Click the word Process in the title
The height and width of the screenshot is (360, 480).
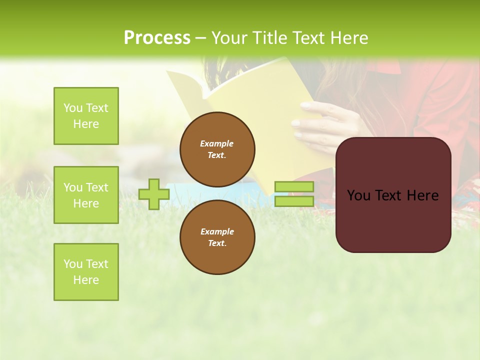(157, 38)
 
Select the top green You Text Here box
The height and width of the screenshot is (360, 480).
(86, 116)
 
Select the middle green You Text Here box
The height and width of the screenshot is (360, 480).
(86, 195)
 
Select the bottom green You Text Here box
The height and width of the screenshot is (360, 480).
(86, 272)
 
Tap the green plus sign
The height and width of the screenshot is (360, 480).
(154, 194)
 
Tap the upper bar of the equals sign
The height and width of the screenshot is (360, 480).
(294, 186)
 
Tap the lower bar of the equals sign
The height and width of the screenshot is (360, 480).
(294, 201)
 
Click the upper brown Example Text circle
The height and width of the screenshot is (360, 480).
(217, 149)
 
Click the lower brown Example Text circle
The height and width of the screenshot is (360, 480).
(217, 237)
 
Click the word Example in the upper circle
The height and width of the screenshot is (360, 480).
(217, 143)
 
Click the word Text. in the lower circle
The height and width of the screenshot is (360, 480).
(217, 243)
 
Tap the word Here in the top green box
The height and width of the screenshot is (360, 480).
(86, 124)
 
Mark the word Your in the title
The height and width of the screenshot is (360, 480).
(227, 38)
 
